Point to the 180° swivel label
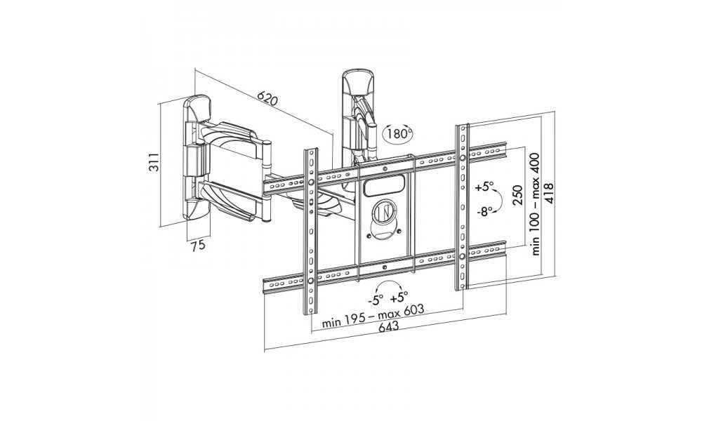(x=399, y=133)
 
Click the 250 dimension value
(x=518, y=194)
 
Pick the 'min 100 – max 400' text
(x=538, y=205)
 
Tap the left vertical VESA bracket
(x=310, y=232)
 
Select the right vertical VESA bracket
(x=463, y=207)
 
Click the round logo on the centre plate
(x=383, y=211)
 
